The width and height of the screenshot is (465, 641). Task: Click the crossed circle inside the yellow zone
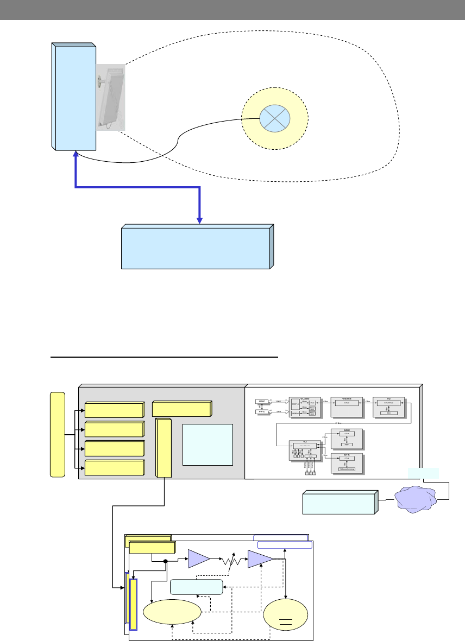[274, 118]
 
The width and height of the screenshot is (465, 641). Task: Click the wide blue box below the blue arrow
[196, 248]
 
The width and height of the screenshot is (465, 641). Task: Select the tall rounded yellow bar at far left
[56, 434]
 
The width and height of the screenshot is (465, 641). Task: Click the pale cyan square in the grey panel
[208, 445]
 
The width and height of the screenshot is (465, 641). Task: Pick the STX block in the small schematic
[346, 463]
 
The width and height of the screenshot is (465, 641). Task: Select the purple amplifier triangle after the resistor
[259, 559]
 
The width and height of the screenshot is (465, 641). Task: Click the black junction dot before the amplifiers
[165, 562]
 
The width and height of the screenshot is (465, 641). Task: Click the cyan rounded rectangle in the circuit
[196, 587]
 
